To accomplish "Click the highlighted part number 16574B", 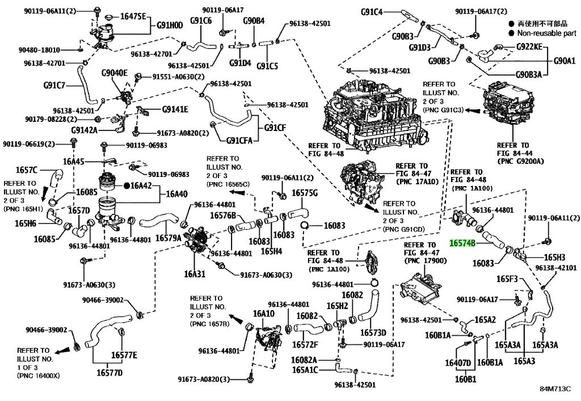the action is (x=462, y=243).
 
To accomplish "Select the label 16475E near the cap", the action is (x=133, y=16).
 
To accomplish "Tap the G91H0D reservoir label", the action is (x=170, y=25).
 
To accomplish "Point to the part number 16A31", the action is (x=195, y=275).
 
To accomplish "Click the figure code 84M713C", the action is (x=555, y=389).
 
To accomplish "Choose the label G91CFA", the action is (x=239, y=140).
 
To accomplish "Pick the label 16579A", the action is (x=168, y=238).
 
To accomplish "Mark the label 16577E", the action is (x=124, y=356).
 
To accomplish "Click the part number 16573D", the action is (x=373, y=332).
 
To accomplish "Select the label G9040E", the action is (x=115, y=73).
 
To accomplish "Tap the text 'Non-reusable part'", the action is (x=547, y=33).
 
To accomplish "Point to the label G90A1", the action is (x=565, y=61).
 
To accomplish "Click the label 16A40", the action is (x=177, y=193).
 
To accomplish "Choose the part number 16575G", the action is (x=305, y=193).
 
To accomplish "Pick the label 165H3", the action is (x=554, y=257).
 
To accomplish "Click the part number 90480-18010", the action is (x=39, y=50).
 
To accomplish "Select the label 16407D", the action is (x=458, y=362).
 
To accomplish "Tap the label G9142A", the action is (x=84, y=130).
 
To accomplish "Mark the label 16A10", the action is (x=264, y=314).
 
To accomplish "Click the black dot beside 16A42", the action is (x=127, y=185).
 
